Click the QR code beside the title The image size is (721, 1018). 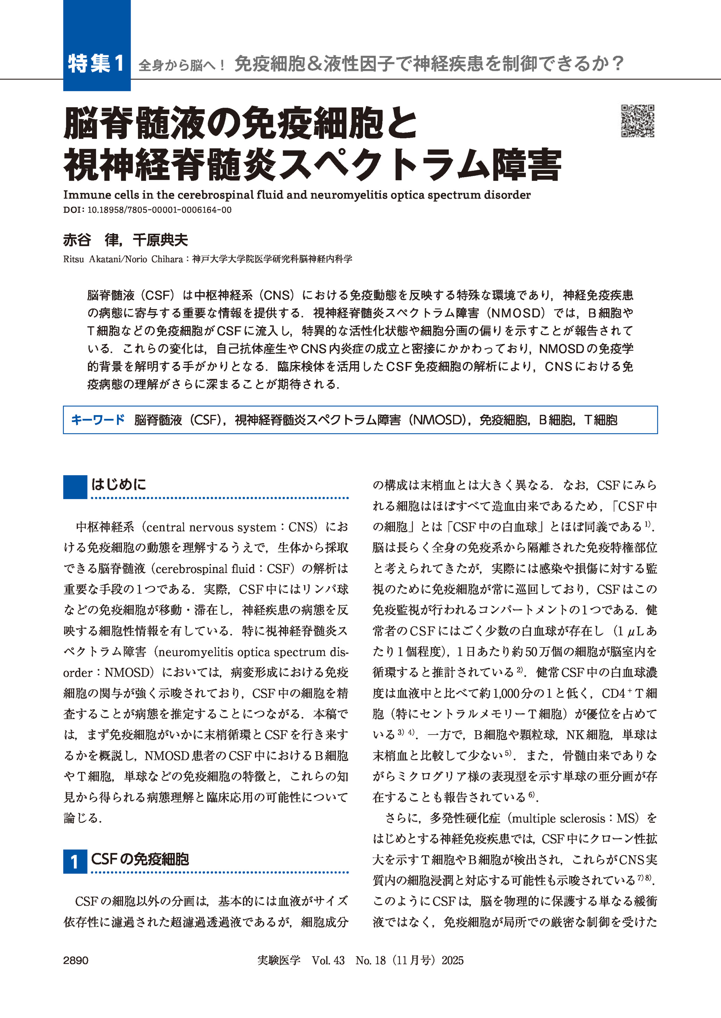(638, 121)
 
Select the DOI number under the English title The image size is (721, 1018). (159, 210)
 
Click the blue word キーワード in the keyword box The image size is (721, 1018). (98, 420)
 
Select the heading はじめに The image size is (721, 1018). (118, 484)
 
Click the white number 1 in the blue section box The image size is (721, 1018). (75, 862)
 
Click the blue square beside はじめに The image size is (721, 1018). (75, 487)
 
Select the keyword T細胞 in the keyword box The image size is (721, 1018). (600, 420)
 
